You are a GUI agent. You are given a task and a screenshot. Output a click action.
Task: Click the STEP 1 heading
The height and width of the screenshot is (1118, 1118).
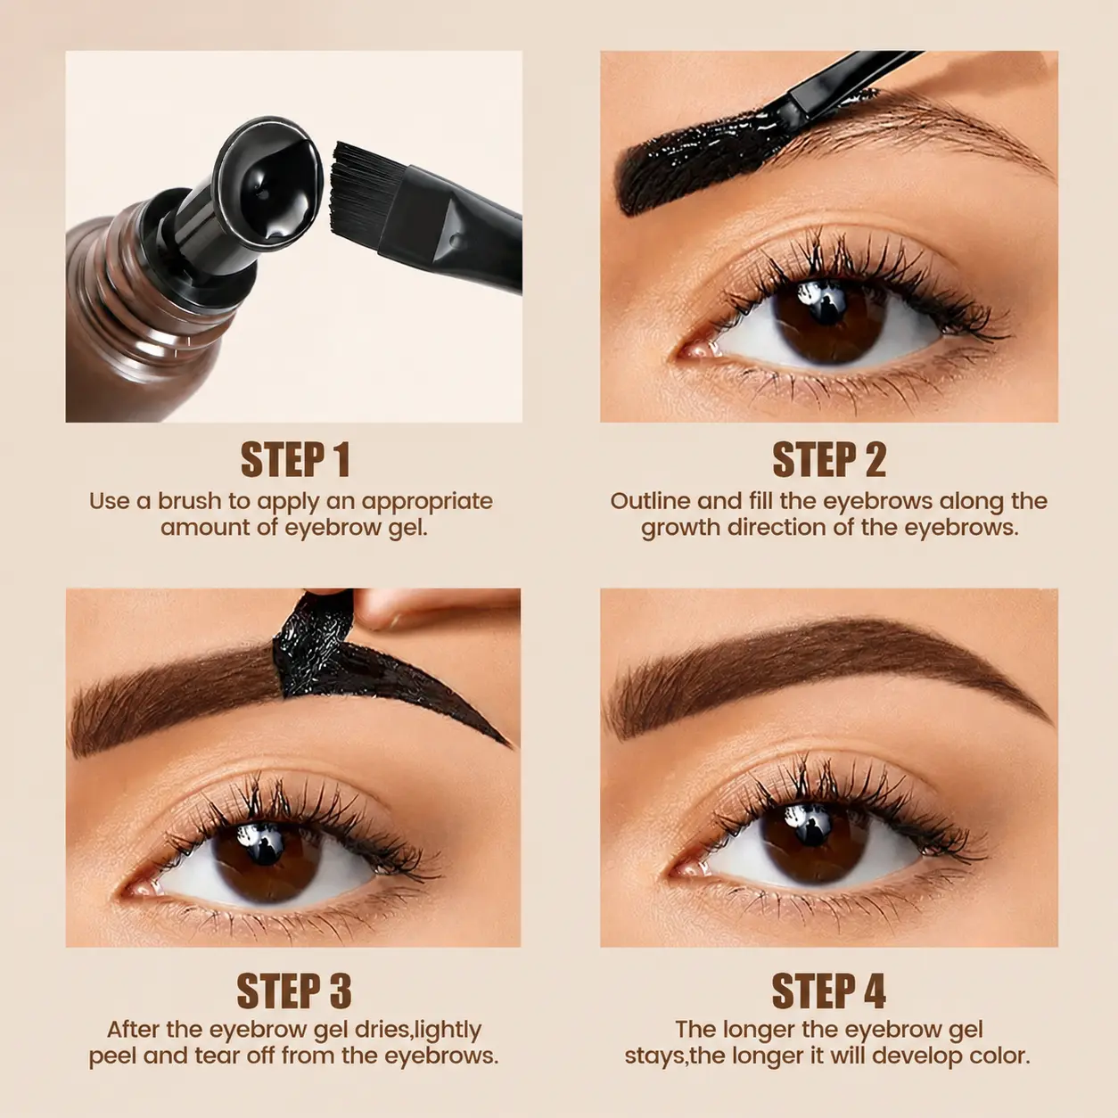(x=295, y=459)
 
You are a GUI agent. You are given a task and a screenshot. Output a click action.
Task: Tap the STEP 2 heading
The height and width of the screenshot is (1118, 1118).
(x=829, y=459)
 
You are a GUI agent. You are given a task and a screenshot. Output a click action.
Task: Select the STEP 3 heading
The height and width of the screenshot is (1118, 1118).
(x=293, y=991)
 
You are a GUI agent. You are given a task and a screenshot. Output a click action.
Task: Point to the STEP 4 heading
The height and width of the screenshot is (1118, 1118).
(x=828, y=991)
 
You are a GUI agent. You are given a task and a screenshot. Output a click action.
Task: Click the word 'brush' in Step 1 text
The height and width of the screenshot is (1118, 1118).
(x=190, y=501)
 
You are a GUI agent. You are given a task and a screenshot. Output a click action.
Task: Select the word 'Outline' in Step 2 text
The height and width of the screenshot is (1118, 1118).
(x=650, y=501)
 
